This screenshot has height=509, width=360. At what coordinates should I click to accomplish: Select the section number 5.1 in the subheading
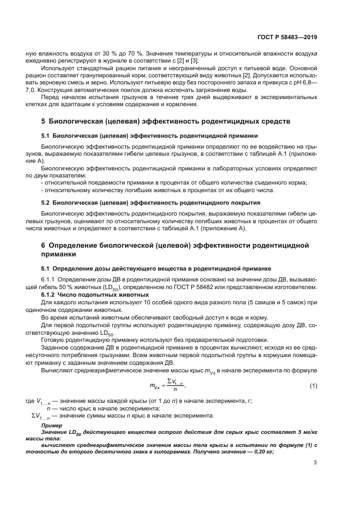pos(46,135)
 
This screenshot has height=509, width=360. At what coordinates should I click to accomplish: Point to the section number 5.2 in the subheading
pos(46,203)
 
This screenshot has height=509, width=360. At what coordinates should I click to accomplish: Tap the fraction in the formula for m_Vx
pos(174,387)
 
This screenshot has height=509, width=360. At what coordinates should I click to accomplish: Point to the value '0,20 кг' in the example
pos(261,451)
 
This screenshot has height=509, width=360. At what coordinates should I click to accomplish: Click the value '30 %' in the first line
pos(111,53)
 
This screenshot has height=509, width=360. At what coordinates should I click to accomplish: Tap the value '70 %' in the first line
pos(136,53)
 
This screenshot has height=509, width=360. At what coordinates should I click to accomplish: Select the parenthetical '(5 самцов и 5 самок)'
pos(270,302)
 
